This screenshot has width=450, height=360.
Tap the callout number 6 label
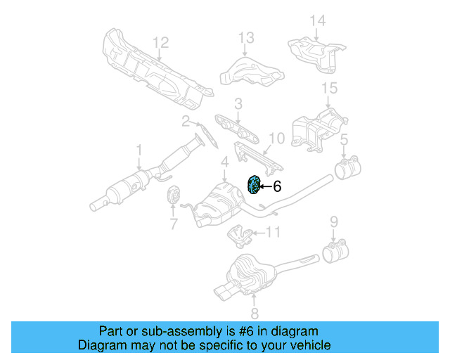pos(277,186)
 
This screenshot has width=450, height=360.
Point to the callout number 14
pos(319,20)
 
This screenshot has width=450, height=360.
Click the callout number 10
pos(276,139)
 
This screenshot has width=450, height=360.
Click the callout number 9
pos(335,223)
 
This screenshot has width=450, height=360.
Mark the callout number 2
pos(186,121)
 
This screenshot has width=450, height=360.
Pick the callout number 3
pos(238,104)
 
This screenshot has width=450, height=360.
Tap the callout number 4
pos(224,164)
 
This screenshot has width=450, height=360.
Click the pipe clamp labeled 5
pos(347,169)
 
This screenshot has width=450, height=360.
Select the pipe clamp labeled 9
pos(334,251)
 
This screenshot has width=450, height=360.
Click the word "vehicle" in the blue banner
pos(308,345)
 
